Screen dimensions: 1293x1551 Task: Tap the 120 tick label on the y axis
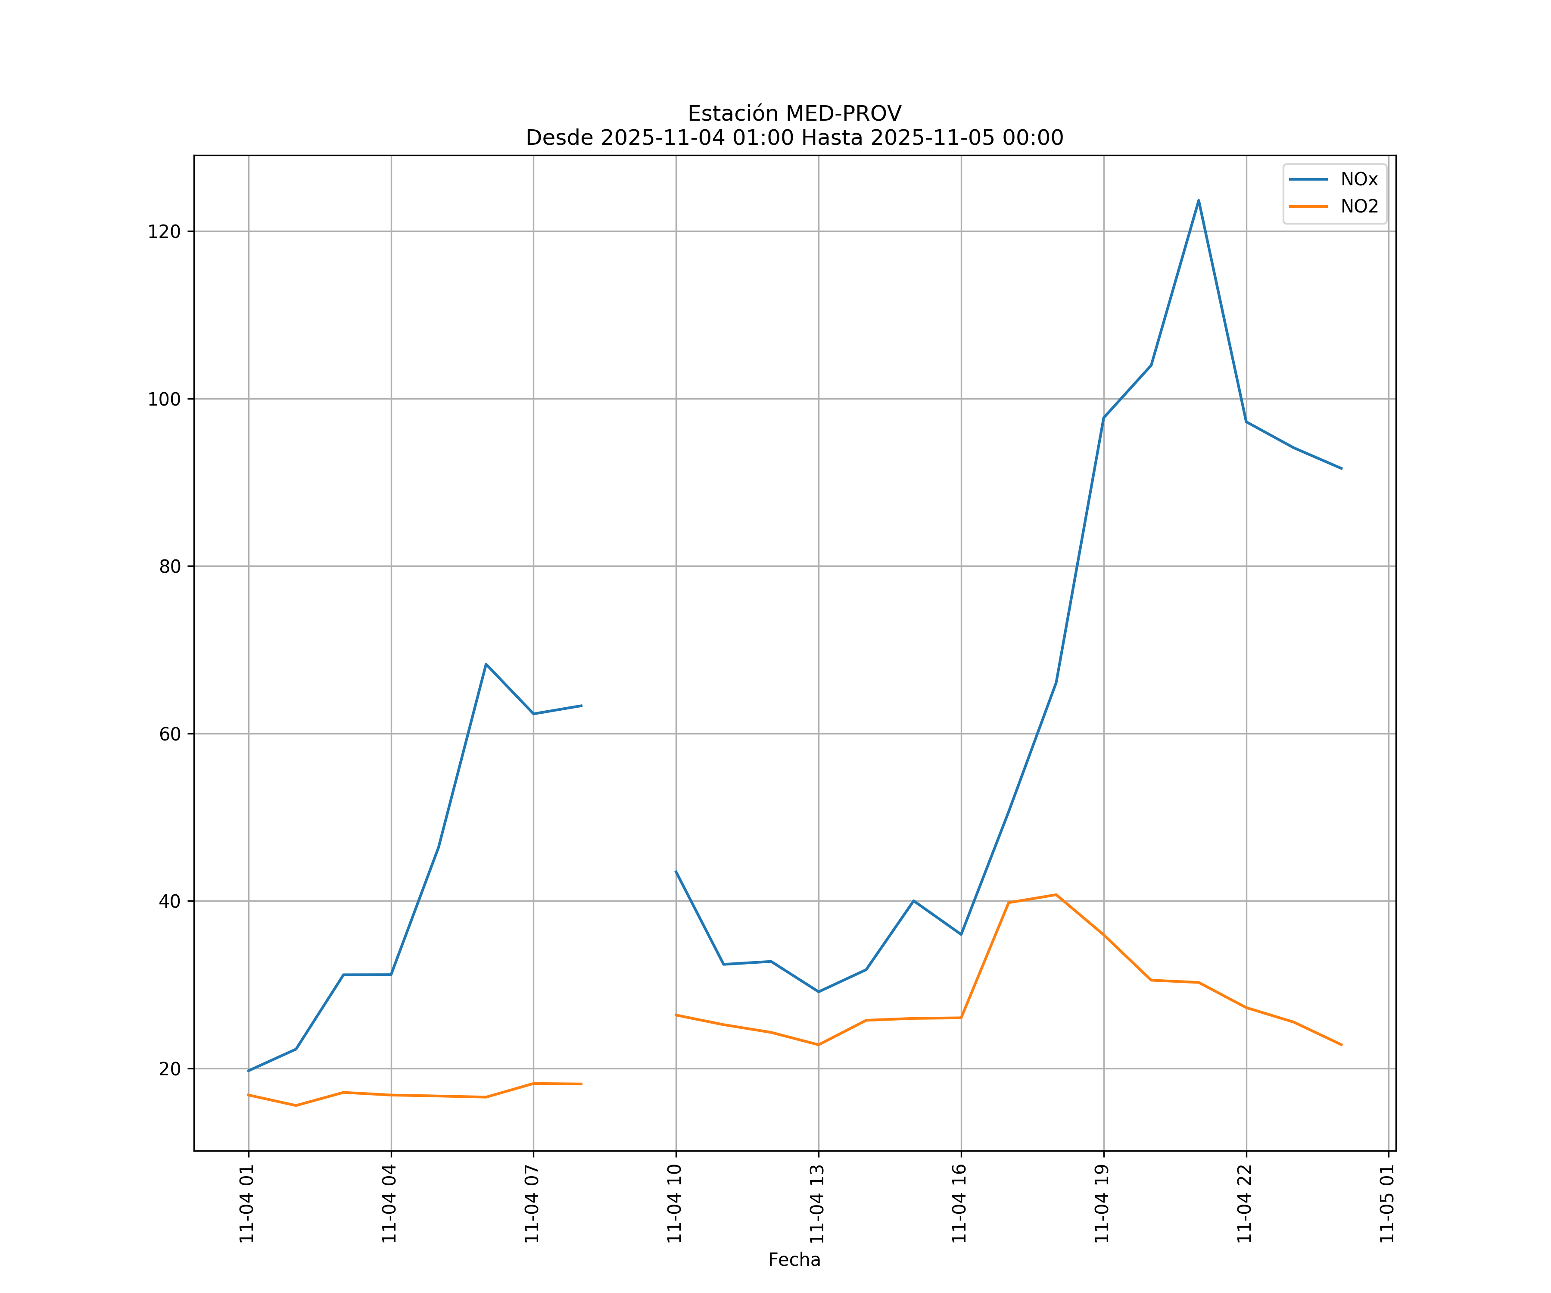[x=164, y=231]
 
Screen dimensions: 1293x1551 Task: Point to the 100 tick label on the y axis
[x=164, y=399]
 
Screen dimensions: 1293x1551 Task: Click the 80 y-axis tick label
[x=169, y=567]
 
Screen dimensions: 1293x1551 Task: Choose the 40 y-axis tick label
[x=169, y=901]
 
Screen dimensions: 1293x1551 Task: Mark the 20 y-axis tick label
[x=169, y=1069]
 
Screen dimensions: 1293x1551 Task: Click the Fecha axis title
[x=794, y=1260]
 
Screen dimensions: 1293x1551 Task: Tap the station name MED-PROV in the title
[x=843, y=114]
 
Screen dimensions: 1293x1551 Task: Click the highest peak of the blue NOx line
[x=1198, y=200]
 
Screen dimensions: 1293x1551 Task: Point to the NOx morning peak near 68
[x=485, y=664]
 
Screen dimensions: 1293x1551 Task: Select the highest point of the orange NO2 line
[x=1056, y=895]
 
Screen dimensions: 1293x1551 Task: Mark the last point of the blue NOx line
[x=1341, y=468]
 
